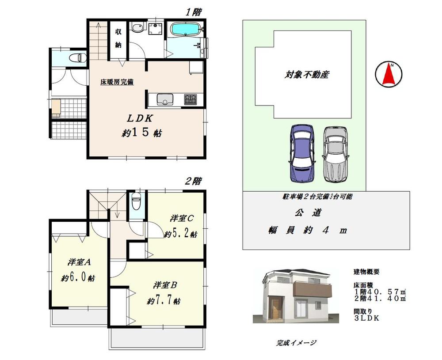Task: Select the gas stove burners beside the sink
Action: point(191,99)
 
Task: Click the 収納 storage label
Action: point(118,38)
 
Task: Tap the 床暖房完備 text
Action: point(117,82)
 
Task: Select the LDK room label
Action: point(140,118)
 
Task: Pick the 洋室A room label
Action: point(79,262)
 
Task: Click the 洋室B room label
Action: point(166,285)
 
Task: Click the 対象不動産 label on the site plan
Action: point(307,75)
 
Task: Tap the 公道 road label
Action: point(308,212)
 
